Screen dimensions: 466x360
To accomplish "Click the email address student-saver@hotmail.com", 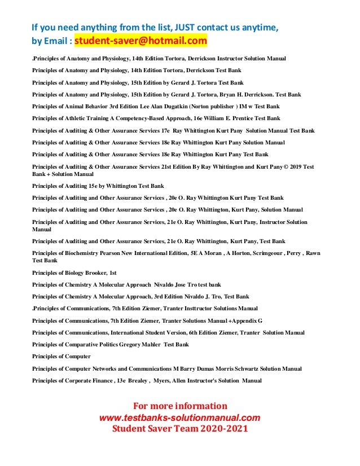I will pyautogui.click(x=141, y=41).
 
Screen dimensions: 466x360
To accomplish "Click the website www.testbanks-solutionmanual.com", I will pyautogui.click(x=179, y=417).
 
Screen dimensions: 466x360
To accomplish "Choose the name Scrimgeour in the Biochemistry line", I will pyautogui.click(x=264, y=253).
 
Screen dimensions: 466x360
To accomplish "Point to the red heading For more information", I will pyautogui.click(x=179, y=406).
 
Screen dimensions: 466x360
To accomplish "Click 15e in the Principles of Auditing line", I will pyautogui.click(x=91, y=186).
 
